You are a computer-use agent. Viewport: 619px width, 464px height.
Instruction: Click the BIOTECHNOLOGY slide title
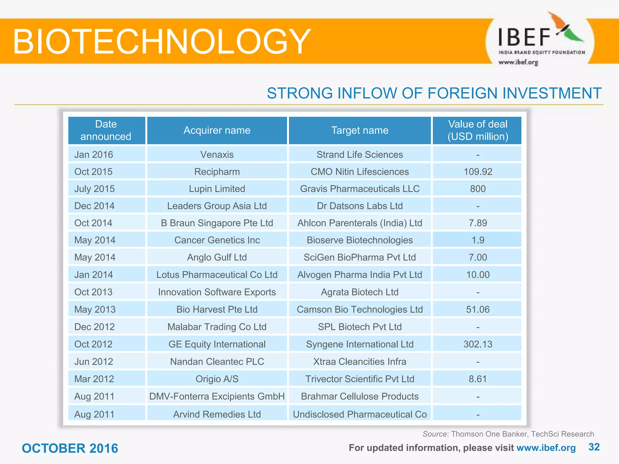click(x=162, y=41)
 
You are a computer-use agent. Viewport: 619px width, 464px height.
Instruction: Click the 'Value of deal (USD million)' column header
click(x=478, y=130)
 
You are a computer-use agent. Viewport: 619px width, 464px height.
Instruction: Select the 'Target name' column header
click(x=360, y=130)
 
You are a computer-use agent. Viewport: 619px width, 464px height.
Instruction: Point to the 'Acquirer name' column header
click(x=217, y=130)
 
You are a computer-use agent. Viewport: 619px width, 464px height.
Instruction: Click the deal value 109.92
click(x=478, y=172)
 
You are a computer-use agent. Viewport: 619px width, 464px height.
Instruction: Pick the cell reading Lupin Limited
click(x=217, y=189)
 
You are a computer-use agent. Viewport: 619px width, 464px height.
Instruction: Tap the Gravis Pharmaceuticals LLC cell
click(x=360, y=189)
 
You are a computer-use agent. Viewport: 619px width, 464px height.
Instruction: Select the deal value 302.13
click(x=478, y=344)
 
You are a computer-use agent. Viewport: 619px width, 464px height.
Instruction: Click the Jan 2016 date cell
click(x=94, y=154)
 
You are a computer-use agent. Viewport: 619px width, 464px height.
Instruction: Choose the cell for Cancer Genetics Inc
click(x=217, y=240)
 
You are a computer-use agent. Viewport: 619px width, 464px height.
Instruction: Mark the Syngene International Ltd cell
click(x=360, y=344)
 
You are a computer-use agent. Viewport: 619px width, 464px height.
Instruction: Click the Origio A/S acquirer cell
click(x=217, y=379)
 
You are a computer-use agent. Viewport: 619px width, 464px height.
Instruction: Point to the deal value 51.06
click(x=478, y=309)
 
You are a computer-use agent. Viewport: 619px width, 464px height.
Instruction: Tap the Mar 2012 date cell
click(x=94, y=379)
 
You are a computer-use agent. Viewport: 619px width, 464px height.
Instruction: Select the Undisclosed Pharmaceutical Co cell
click(x=360, y=414)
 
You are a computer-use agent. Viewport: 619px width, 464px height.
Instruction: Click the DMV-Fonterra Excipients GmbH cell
click(x=217, y=396)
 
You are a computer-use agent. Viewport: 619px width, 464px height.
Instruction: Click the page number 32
click(x=594, y=447)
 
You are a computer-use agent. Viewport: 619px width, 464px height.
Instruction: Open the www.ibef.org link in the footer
click(x=546, y=448)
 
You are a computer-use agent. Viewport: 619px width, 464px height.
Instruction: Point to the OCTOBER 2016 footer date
click(x=70, y=448)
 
